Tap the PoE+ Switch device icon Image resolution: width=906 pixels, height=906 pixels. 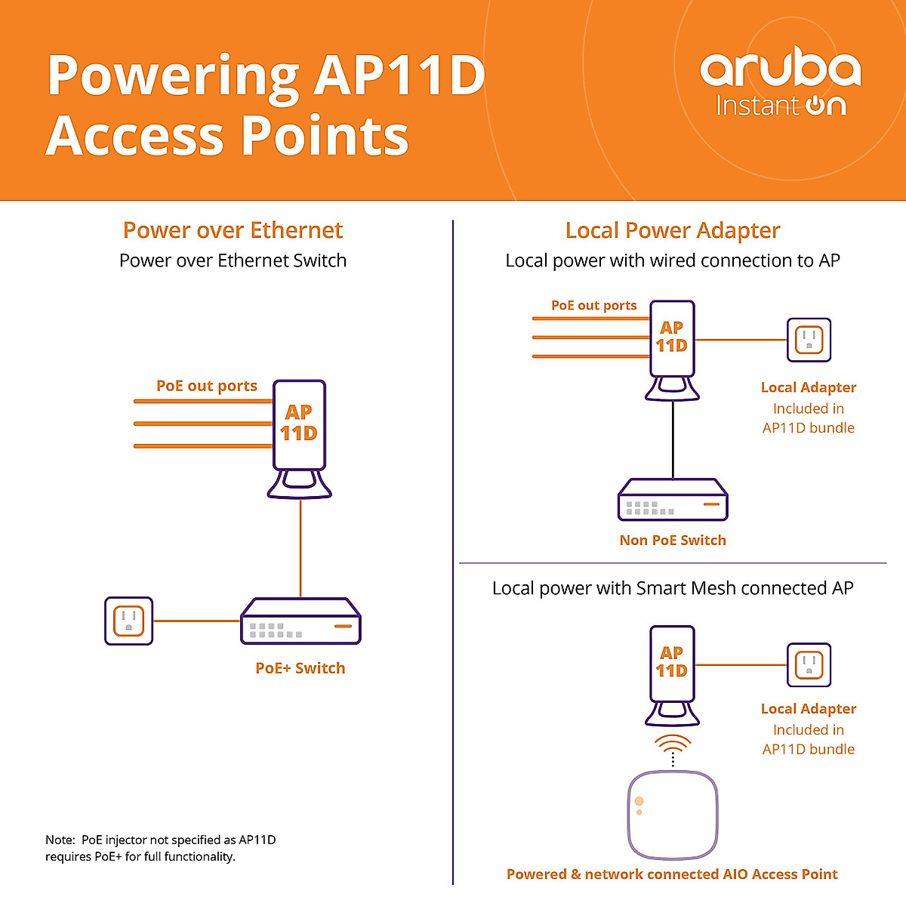click(x=300, y=621)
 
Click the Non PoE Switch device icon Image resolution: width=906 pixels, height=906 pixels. click(x=673, y=499)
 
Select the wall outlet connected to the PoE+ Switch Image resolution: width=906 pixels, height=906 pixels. click(x=129, y=621)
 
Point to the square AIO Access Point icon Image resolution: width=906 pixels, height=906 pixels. click(x=673, y=815)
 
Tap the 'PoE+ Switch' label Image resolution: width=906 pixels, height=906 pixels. click(x=300, y=668)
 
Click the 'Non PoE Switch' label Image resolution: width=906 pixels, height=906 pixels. click(x=673, y=541)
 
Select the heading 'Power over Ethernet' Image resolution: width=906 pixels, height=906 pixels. click(x=233, y=230)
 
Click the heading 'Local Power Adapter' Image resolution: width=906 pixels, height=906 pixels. click(x=673, y=231)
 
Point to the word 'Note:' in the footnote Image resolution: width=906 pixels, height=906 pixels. click(x=60, y=840)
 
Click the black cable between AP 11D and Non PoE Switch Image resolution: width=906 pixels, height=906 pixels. click(x=673, y=439)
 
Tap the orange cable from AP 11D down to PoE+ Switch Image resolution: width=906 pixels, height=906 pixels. click(x=300, y=548)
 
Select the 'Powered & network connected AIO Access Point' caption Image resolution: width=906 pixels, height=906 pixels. click(x=673, y=874)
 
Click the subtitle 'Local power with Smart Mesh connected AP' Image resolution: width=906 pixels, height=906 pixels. click(x=673, y=588)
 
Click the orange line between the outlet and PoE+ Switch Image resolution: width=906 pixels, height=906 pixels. click(x=196, y=621)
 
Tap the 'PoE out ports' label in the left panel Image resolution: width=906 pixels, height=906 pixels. click(x=207, y=386)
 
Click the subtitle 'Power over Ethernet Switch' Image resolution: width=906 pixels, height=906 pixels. click(x=233, y=260)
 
